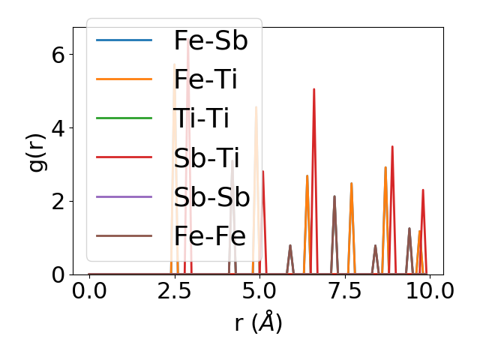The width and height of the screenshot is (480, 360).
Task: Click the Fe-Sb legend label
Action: [211, 40]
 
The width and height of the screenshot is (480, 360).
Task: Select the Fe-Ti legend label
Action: [205, 79]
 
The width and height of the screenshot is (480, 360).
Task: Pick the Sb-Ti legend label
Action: [206, 157]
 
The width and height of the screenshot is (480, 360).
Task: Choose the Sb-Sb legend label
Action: [211, 197]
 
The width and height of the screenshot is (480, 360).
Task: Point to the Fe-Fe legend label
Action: [210, 236]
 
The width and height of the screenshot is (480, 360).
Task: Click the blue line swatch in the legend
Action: [124, 40]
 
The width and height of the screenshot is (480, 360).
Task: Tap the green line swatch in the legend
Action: [124, 118]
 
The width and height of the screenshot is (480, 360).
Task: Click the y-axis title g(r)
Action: [37, 151]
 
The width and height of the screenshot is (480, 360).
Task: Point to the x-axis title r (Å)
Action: [258, 322]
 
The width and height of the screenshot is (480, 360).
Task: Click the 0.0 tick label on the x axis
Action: [89, 291]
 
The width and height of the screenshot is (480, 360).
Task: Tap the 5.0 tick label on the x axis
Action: [259, 291]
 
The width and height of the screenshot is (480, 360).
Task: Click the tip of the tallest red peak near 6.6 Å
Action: [314, 89]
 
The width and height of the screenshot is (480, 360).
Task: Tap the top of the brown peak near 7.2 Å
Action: [334, 196]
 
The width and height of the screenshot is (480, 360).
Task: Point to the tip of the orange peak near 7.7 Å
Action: [351, 184]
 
